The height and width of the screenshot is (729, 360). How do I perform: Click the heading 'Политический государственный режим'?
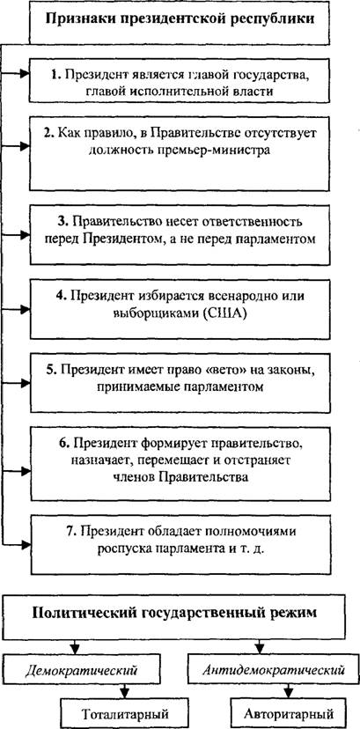(x=174, y=612)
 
